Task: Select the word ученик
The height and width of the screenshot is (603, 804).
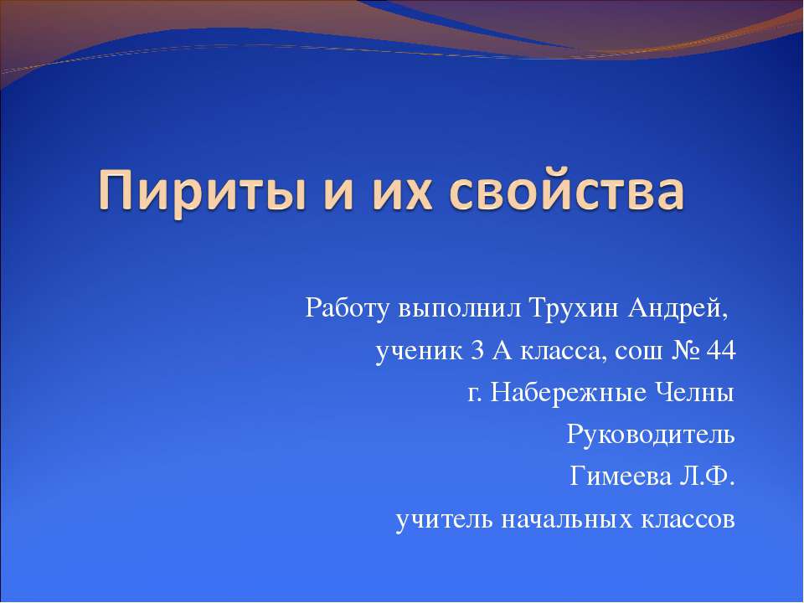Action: [x=416, y=351]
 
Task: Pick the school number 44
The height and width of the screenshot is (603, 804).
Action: [x=722, y=351]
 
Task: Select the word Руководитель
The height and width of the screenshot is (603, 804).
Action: [x=652, y=435]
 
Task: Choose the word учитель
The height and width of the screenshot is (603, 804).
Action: [x=443, y=520]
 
